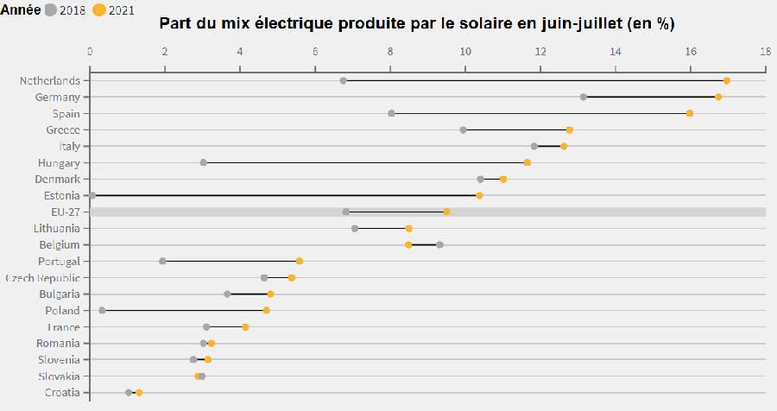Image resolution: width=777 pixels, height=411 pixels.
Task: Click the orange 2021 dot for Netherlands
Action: pyautogui.click(x=726, y=81)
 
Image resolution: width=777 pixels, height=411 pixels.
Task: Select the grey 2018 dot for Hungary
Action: pyautogui.click(x=203, y=162)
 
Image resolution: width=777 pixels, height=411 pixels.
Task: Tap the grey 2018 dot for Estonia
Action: pyautogui.click(x=92, y=195)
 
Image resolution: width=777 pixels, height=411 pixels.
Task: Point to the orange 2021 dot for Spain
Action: pyautogui.click(x=689, y=113)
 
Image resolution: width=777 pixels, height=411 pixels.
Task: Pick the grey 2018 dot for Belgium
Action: pyautogui.click(x=439, y=245)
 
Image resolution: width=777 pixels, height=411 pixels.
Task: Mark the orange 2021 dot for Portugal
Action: pyautogui.click(x=300, y=262)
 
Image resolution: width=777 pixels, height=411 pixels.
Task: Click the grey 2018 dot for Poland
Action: pyautogui.click(x=102, y=310)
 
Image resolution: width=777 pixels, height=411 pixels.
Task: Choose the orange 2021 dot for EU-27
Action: pyautogui.click(x=446, y=212)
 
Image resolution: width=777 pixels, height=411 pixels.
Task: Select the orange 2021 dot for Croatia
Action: pyautogui.click(x=139, y=393)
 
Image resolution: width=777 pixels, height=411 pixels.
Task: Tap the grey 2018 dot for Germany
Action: pyautogui.click(x=584, y=97)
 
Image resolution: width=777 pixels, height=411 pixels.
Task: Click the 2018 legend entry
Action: pyautogui.click(x=65, y=9)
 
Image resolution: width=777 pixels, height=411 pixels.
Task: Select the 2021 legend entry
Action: pyautogui.click(x=113, y=9)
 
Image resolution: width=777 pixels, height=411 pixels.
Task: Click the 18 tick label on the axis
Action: pyautogui.click(x=766, y=51)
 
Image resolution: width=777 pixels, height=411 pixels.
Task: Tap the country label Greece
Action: pyautogui.click(x=63, y=130)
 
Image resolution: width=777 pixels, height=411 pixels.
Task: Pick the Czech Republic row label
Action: pyautogui.click(x=42, y=278)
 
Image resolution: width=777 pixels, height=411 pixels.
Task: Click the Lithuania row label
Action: pyautogui.click(x=56, y=229)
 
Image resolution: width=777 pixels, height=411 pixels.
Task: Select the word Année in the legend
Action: pyautogui.click(x=21, y=9)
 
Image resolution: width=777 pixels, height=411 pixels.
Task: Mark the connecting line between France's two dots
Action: pyautogui.click(x=226, y=327)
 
